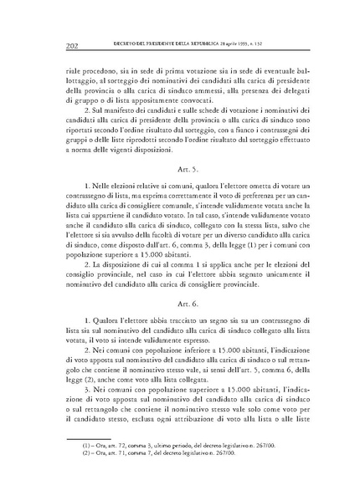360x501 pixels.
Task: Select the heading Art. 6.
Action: point(179,322)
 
